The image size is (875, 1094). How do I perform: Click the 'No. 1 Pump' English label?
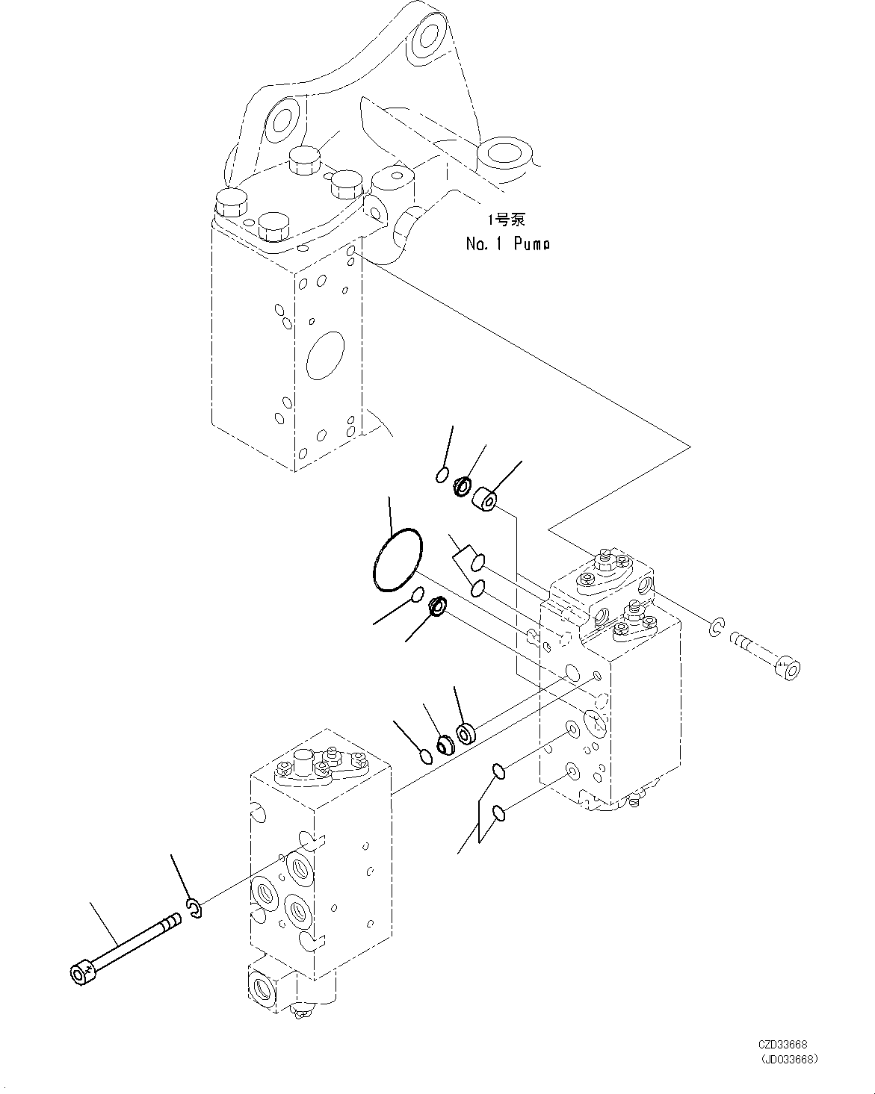pyautogui.click(x=507, y=243)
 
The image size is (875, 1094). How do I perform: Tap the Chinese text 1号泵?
pyautogui.click(x=507, y=220)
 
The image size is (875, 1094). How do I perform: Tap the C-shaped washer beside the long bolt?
pyautogui.click(x=196, y=910)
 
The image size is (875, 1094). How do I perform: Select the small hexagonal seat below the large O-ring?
pyautogui.click(x=437, y=606)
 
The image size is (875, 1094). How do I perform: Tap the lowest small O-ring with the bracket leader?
pyautogui.click(x=499, y=812)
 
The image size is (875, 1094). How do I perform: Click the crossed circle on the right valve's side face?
pyautogui.click(x=595, y=721)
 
